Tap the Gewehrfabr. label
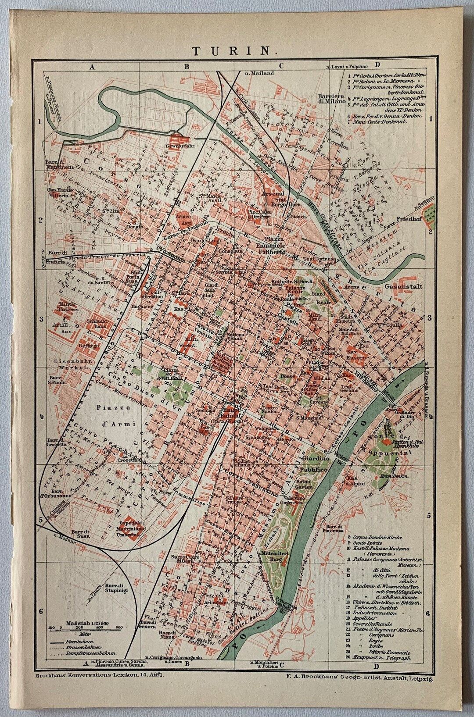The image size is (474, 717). pyautogui.click(x=181, y=146)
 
